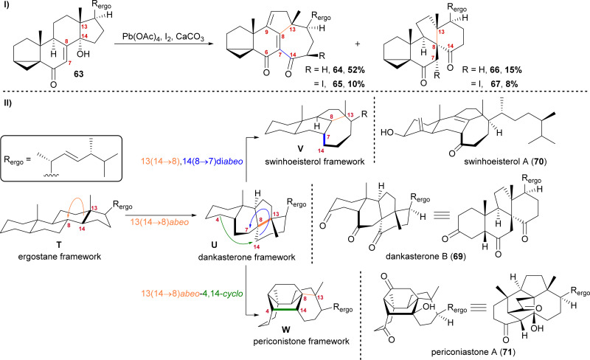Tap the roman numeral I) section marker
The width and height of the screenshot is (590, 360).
point(7,8)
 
